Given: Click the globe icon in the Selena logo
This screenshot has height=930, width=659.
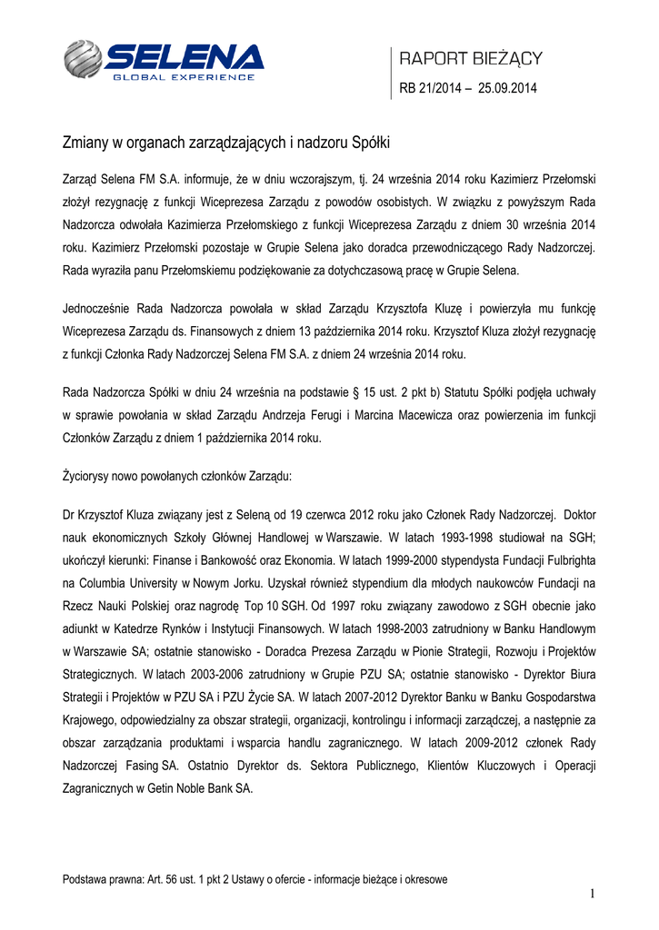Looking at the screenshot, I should click(84, 60).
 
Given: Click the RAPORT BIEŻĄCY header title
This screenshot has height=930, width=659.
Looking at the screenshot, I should click(471, 59).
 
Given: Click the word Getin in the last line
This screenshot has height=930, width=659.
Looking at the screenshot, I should click(157, 788).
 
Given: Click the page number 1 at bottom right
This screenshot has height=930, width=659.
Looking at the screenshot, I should click(592, 895).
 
